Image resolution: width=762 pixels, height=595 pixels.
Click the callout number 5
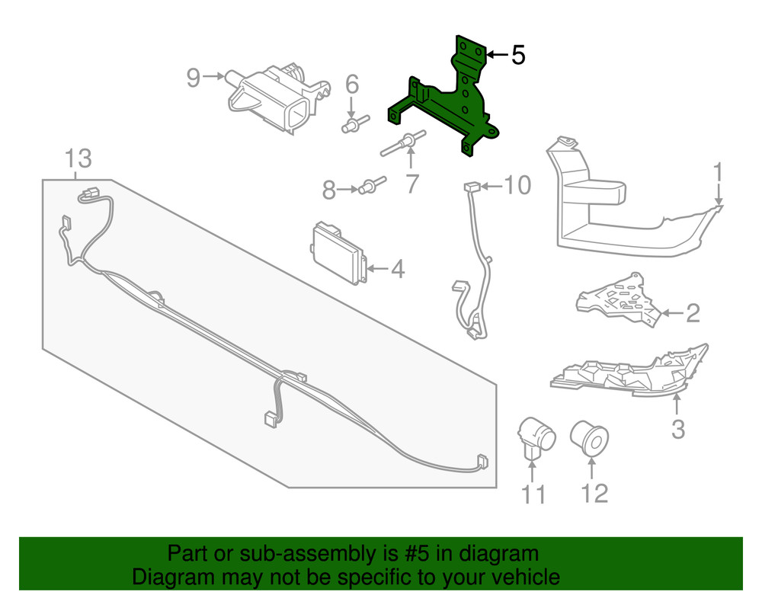518,55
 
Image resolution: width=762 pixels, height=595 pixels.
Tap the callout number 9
194,77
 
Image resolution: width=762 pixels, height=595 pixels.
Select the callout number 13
78,159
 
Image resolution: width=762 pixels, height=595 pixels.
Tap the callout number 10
517,185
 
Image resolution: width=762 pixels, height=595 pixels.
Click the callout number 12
595,493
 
